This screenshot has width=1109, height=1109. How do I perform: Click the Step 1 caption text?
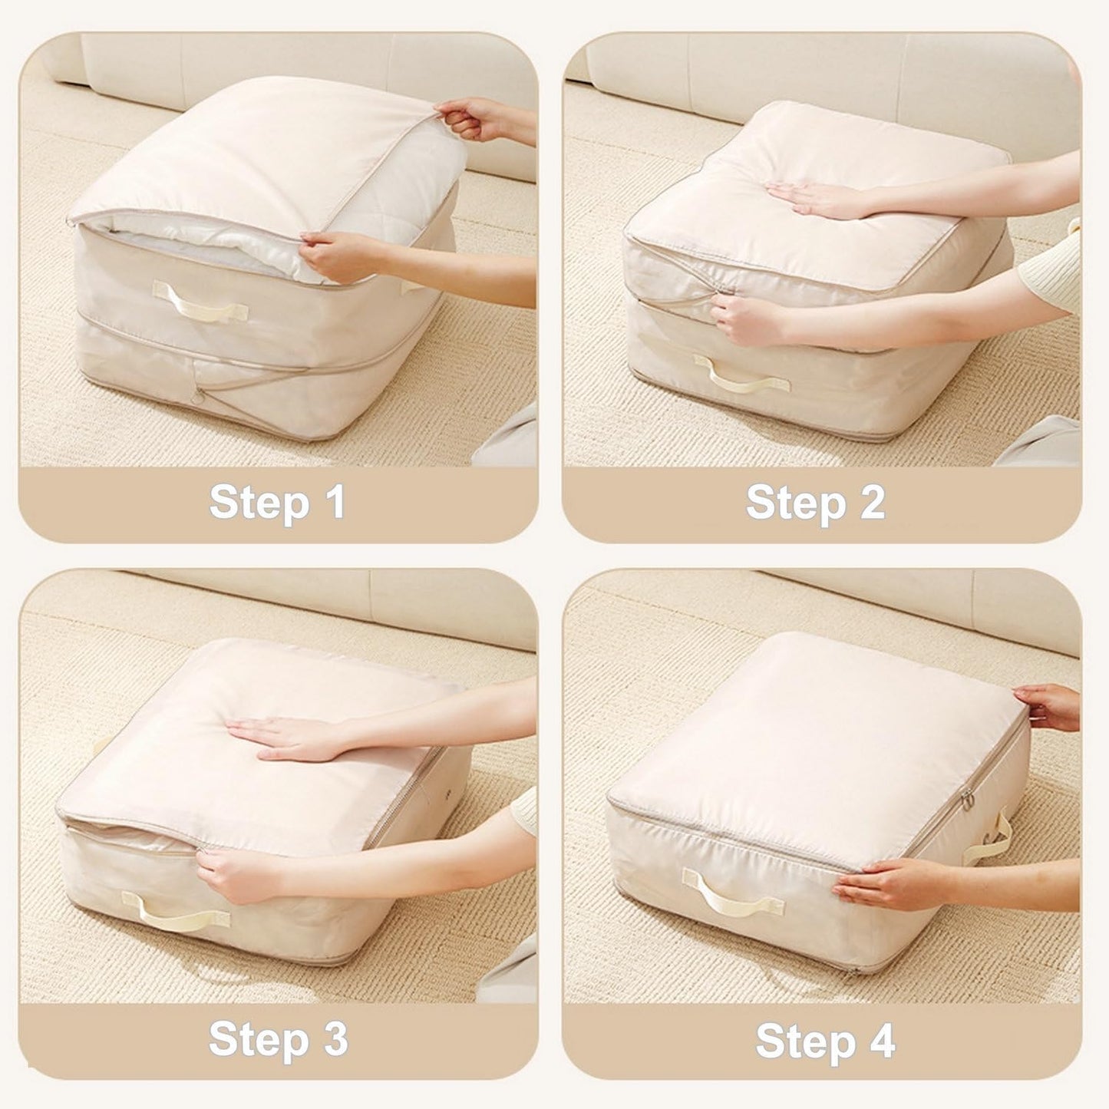tap(277, 503)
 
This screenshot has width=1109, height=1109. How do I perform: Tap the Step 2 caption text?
tap(815, 503)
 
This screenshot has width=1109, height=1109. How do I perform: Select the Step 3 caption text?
tap(277, 1040)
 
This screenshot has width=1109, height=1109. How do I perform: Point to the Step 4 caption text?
tap(825, 1041)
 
